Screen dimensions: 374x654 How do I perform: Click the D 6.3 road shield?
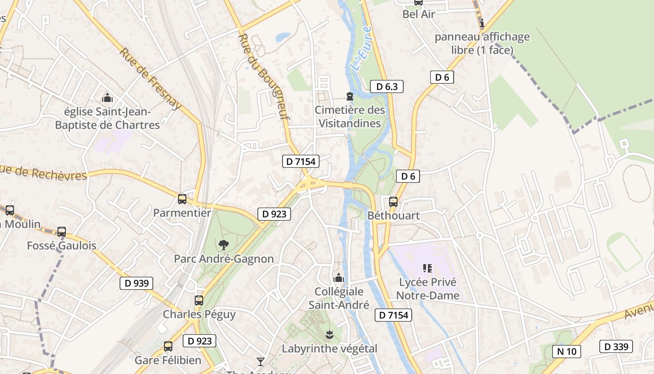[386, 86]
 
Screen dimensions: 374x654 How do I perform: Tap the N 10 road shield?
[567, 351]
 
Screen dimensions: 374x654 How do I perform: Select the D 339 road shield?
[616, 346]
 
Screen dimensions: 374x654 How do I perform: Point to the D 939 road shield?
[136, 283]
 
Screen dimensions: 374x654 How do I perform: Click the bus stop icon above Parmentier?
[182, 199]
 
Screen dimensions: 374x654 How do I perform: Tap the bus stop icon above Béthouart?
[393, 202]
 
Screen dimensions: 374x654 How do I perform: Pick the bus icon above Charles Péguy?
[199, 301]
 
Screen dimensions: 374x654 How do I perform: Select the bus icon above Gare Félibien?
[168, 346]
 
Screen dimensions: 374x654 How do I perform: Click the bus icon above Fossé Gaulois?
[62, 231]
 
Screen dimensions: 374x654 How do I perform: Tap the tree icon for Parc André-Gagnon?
[224, 244]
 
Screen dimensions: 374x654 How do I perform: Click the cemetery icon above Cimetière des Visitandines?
[349, 96]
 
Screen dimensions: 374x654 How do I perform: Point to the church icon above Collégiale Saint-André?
[339, 278]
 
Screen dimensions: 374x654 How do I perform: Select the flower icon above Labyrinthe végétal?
[329, 334]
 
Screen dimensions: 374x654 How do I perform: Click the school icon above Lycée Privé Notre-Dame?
[427, 268]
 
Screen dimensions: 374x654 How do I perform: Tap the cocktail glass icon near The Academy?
[261, 361]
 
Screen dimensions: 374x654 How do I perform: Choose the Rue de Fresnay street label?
[150, 78]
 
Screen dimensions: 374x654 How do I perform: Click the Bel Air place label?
[419, 14]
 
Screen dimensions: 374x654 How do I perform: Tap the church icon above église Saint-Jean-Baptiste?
[107, 98]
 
